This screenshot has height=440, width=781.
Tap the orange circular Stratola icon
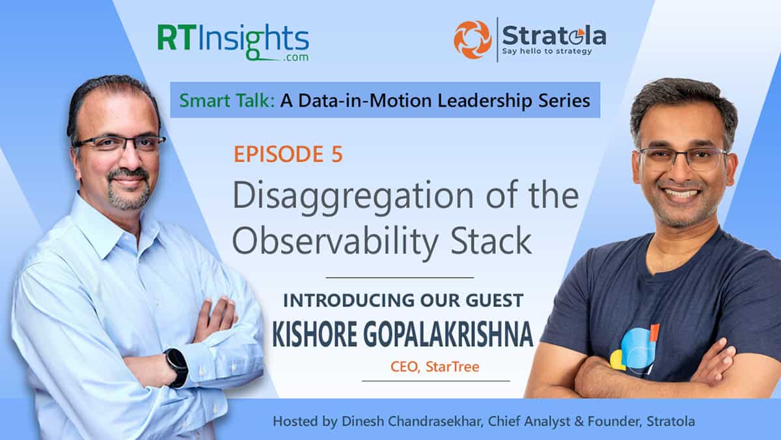[473, 39]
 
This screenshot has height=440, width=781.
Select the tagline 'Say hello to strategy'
[547, 51]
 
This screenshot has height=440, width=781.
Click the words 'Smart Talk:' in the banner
[212, 100]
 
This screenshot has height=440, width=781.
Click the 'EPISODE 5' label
[288, 154]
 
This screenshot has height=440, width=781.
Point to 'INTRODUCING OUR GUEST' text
[404, 301]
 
